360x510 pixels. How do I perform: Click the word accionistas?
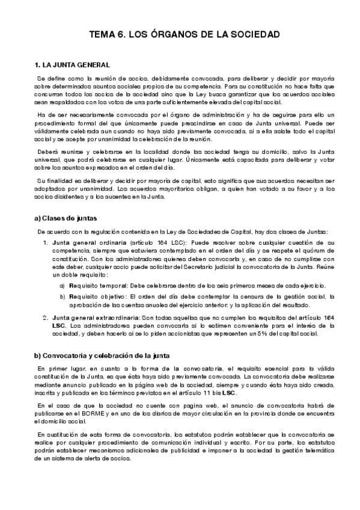(190, 333)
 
